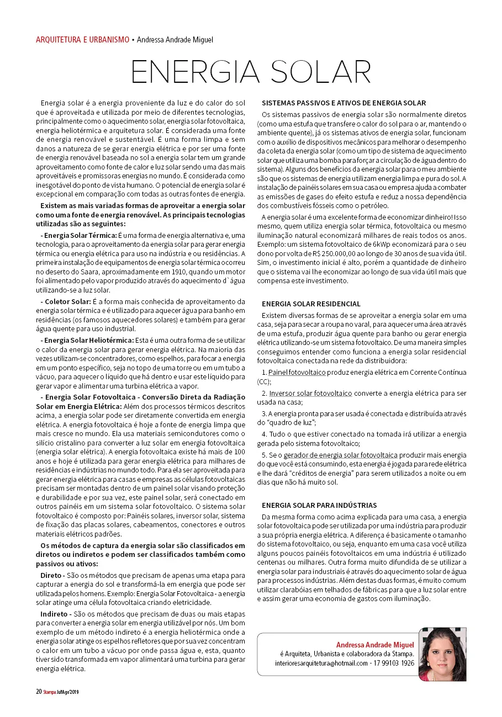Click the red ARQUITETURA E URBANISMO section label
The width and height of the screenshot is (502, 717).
tap(82, 40)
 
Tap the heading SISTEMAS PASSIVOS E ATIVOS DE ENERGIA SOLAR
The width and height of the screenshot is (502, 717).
tap(344, 103)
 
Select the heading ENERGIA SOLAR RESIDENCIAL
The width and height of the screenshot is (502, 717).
tap(311, 304)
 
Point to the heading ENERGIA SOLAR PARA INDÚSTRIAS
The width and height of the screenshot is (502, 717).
tap(319, 505)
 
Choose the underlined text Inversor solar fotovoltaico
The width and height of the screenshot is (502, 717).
tap(310, 393)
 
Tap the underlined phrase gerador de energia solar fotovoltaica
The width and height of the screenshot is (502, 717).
tap(341, 455)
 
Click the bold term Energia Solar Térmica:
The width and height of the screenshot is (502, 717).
tap(81, 235)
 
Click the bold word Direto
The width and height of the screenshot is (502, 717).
tap(52, 575)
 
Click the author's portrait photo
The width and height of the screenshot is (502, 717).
tap(442, 655)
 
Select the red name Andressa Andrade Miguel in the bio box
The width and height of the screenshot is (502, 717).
tap(375, 645)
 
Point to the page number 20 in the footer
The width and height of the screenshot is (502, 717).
tap(39, 691)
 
